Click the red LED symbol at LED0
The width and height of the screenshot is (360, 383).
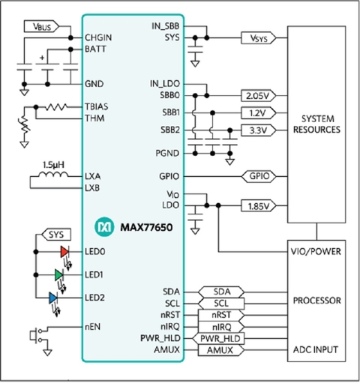(64, 252)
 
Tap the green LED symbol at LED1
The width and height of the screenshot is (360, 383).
(58, 275)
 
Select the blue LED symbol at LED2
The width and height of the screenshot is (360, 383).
(53, 298)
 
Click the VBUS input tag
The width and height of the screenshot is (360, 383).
(41, 26)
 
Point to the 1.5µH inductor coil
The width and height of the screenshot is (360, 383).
(53, 175)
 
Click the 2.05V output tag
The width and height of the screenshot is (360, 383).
(259, 96)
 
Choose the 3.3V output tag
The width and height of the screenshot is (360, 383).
(259, 130)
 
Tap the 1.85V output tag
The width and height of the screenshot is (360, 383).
(259, 206)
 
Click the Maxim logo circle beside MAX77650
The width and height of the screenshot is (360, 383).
(104, 226)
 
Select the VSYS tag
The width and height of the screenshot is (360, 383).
(259, 38)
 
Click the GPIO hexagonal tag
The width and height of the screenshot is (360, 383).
(259, 176)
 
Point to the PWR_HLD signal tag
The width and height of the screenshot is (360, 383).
(218, 339)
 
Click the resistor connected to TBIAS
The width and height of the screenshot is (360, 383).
(56, 107)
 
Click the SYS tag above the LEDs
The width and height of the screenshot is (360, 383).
(55, 235)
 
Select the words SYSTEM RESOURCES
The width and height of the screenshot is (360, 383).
(316, 124)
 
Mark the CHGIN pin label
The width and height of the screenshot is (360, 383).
(98, 37)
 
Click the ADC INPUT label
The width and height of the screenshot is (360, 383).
(316, 350)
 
